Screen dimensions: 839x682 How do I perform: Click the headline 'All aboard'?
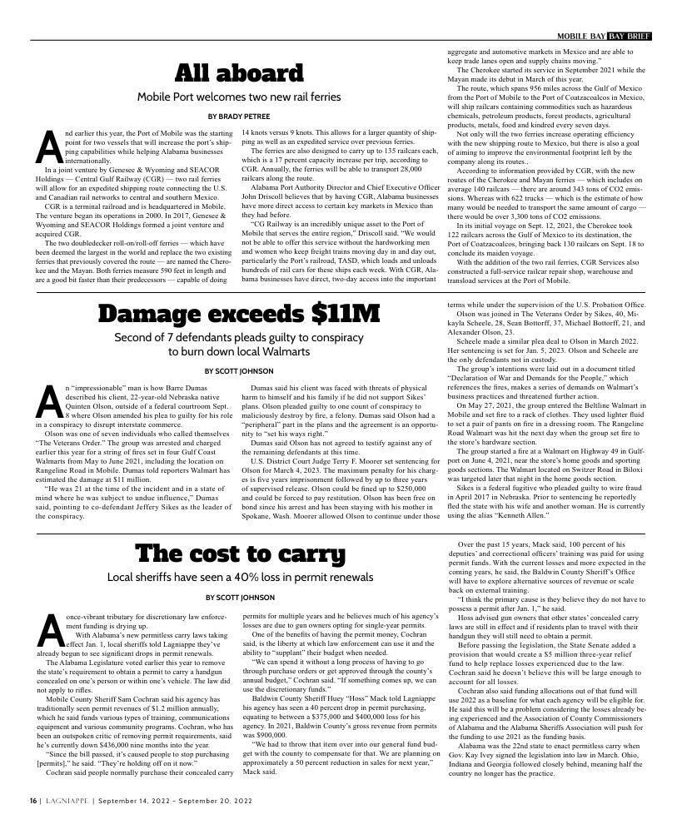coord(239,73)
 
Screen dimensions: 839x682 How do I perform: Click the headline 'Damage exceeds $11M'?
coord(239,314)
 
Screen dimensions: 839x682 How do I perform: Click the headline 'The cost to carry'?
coord(239,530)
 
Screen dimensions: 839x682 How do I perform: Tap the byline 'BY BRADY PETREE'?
coord(239,117)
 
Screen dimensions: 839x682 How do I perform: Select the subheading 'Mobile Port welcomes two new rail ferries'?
coord(239,97)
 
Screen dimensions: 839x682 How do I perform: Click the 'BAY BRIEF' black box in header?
coord(629,36)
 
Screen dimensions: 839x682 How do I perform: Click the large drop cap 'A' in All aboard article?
coord(48,147)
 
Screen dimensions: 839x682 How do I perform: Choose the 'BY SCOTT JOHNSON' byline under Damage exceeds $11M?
coord(239,371)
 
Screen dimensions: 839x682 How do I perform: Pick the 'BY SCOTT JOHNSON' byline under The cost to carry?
coord(239,574)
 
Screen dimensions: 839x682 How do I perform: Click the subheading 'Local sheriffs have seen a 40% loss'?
coord(239,554)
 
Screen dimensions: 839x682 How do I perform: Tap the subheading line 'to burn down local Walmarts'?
coord(239,351)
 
